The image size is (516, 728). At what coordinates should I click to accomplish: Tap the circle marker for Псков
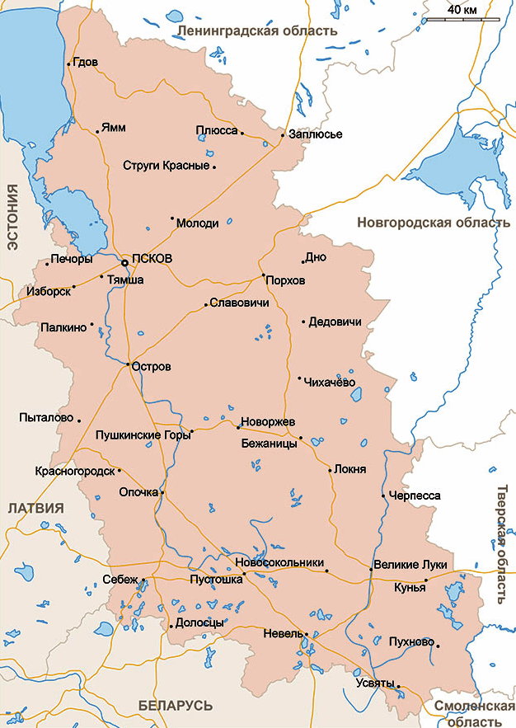pos(124,263)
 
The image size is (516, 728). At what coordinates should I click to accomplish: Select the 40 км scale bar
pos(462,18)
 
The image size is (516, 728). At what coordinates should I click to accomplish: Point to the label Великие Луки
pos(410,565)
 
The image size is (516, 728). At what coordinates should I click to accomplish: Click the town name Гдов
pos(85,62)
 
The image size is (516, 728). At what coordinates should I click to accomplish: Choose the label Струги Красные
pos(166,166)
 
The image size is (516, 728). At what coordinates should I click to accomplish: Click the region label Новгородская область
pos(433,223)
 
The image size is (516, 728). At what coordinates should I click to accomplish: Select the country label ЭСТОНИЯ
pos(12,218)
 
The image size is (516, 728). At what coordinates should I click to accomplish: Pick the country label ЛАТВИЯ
pos(35,508)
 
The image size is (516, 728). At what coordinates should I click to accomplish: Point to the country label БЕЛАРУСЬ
pos(176,706)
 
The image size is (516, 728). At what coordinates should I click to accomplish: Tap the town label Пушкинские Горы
pos(142,434)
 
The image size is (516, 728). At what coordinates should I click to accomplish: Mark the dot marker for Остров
pos(129,364)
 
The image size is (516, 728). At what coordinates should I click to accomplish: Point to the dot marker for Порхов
pos(263,275)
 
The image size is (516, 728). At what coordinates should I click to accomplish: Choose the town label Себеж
pos(120,579)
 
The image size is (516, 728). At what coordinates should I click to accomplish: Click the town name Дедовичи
pos(334,322)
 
